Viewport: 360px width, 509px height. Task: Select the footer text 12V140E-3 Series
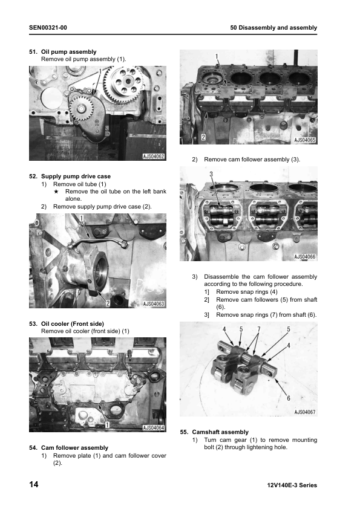click(x=291, y=485)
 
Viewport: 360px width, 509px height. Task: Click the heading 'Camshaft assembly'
click(x=220, y=432)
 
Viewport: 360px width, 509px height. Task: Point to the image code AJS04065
click(x=305, y=140)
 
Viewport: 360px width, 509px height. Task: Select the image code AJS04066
click(x=305, y=257)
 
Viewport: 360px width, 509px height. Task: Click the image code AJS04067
click(x=305, y=412)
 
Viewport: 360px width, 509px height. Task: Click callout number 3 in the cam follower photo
click(x=211, y=174)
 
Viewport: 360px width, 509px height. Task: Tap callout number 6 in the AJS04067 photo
click(x=288, y=398)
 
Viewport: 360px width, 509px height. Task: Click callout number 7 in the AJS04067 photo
click(x=258, y=329)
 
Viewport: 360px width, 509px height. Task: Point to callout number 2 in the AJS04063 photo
click(x=108, y=302)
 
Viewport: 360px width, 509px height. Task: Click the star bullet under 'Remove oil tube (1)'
click(x=56, y=192)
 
